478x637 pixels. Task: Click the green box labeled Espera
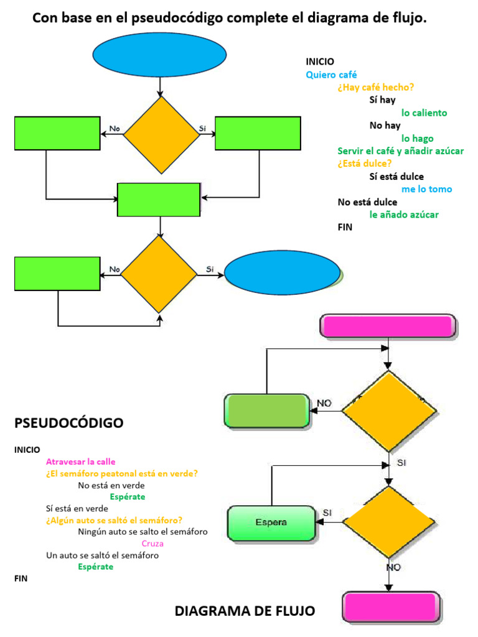click(x=271, y=523)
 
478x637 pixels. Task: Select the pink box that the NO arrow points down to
click(x=391, y=607)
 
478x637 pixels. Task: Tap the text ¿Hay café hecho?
click(x=376, y=87)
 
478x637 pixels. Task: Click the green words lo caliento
click(x=424, y=113)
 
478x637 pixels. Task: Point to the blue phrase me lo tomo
click(x=426, y=189)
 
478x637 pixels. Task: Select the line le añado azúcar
click(x=404, y=215)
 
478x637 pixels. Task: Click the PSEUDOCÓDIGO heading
click(x=68, y=423)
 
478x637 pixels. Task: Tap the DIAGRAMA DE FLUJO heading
click(x=245, y=611)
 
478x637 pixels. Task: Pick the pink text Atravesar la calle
click(x=81, y=462)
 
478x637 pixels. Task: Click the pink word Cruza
click(x=152, y=543)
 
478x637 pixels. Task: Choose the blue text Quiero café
click(x=331, y=75)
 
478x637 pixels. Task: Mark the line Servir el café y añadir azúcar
click(x=400, y=151)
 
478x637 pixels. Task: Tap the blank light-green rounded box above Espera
click(x=266, y=411)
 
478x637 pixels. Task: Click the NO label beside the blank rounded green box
click(x=324, y=403)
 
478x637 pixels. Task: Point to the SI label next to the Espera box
click(x=327, y=512)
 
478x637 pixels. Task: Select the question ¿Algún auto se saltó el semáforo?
click(x=118, y=520)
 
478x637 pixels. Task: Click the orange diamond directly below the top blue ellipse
click(x=161, y=133)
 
